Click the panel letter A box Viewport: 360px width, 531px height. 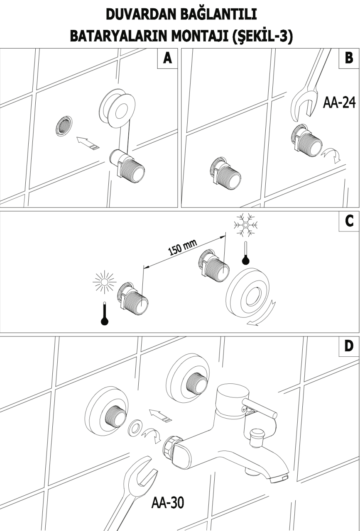point(167,58)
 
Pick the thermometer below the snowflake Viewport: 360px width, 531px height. point(246,254)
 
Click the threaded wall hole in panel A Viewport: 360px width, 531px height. point(63,125)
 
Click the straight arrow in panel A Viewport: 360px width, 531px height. point(88,144)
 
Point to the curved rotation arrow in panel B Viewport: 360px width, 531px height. point(332,156)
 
